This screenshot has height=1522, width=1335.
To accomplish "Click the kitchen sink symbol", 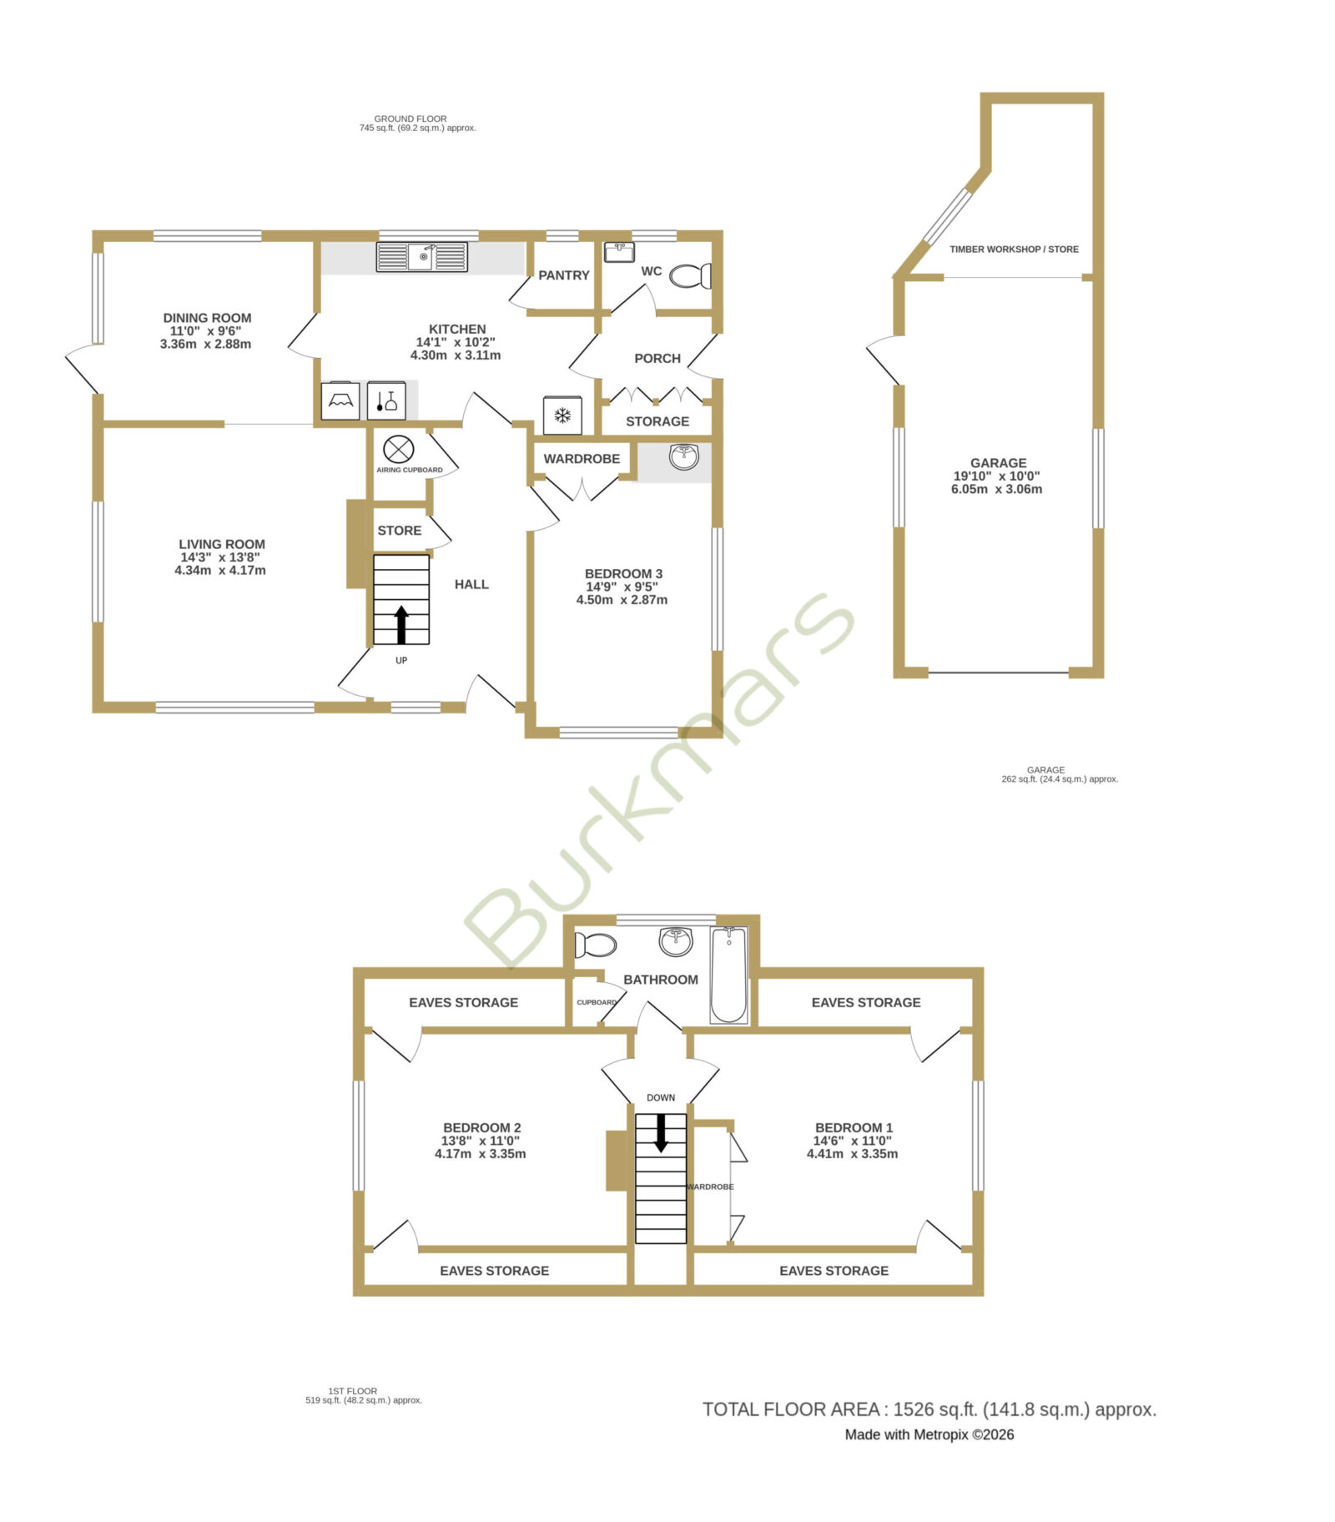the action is point(421,257).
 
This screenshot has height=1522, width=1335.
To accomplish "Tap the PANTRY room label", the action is point(564,275).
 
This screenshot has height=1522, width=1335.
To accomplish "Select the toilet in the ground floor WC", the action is point(690,275).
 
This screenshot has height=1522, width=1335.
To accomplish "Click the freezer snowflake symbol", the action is point(563,415).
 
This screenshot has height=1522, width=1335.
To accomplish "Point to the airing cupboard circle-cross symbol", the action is point(398,450).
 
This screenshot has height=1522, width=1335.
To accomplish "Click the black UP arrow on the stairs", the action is point(401,625).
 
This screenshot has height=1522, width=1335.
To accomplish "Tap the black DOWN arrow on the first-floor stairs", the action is point(661,1133).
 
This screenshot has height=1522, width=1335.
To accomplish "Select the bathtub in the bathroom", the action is point(728,975).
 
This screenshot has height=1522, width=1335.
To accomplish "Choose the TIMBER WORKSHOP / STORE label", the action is point(1014,249).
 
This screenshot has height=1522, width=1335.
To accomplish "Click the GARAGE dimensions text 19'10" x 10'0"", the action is point(997,476).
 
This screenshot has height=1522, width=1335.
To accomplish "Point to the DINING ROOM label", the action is point(207,318).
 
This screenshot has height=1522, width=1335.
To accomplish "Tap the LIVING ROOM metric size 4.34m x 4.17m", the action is point(220,571).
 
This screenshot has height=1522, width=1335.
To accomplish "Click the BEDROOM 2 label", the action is point(482,1127).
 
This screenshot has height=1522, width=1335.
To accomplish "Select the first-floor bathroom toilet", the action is point(596,945).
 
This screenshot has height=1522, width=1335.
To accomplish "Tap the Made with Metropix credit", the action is point(929,1435).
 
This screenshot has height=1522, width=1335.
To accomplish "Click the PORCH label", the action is point(657,358).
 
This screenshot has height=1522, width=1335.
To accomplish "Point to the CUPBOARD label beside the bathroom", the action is point(597,1002).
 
